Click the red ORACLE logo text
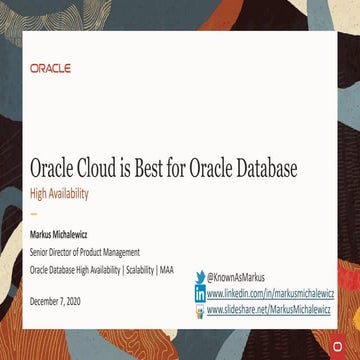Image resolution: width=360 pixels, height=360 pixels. [50, 69]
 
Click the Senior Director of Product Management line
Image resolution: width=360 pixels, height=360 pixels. [85, 252]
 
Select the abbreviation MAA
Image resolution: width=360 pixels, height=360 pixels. [165, 268]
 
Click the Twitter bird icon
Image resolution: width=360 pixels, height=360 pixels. [200, 277]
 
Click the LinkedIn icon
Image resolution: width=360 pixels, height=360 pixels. [200, 294]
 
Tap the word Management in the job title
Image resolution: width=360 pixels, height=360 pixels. [119, 252]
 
